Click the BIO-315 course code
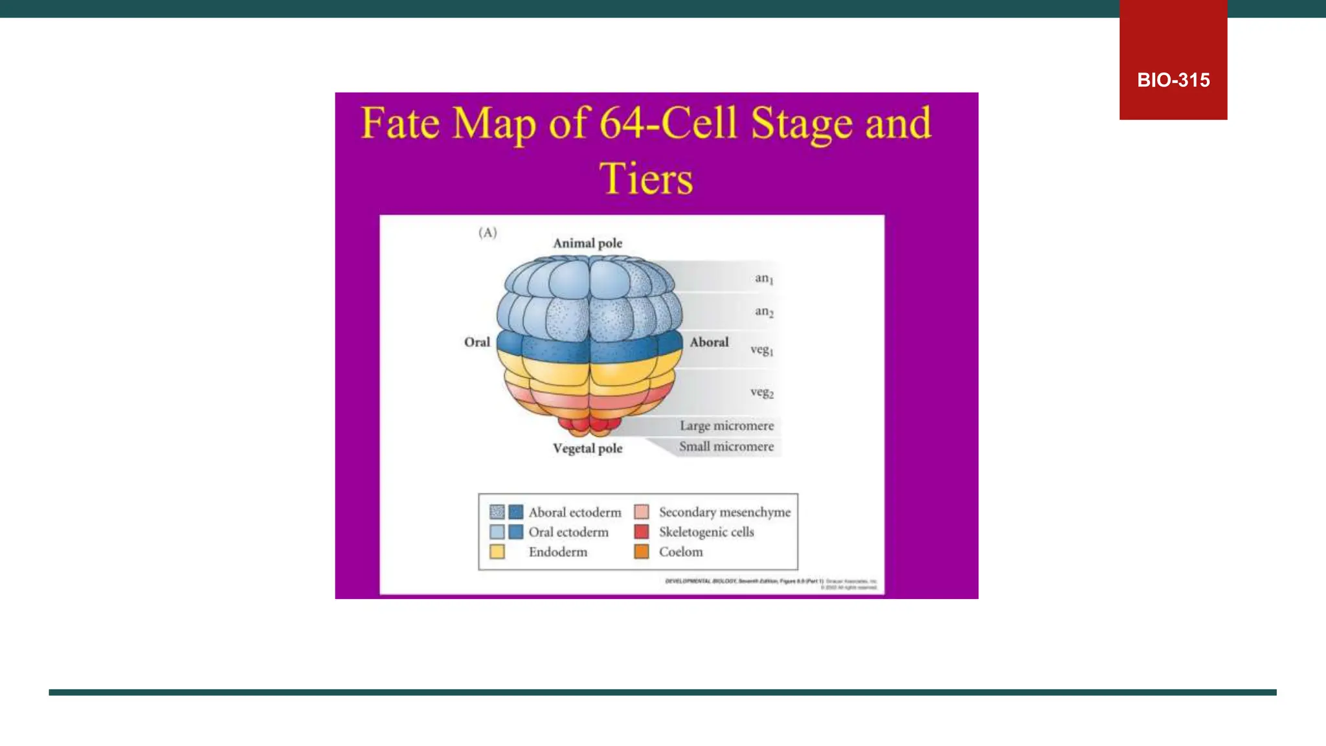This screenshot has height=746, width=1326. (1173, 80)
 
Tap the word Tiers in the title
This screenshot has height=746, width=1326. (646, 179)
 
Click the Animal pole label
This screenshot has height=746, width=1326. (587, 243)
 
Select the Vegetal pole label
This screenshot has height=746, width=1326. (587, 448)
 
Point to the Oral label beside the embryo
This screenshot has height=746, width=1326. (477, 342)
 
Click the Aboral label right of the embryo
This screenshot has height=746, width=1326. (709, 342)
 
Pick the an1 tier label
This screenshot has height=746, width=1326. (764, 278)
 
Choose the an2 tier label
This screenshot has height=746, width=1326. (764, 311)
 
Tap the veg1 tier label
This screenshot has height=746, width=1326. (761, 350)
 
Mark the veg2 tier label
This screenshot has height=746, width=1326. (761, 392)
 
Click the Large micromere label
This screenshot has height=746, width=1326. (726, 425)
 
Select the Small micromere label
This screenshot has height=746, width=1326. (726, 446)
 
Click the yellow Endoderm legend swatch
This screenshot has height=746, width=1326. (497, 552)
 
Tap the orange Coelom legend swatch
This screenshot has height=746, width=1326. (641, 552)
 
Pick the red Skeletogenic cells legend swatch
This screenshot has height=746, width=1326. (641, 532)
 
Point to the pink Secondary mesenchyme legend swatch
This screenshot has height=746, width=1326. (641, 512)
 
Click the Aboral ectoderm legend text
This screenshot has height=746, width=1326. (574, 512)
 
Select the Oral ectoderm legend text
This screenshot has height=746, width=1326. (568, 532)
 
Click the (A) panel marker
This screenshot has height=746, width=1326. (488, 232)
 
